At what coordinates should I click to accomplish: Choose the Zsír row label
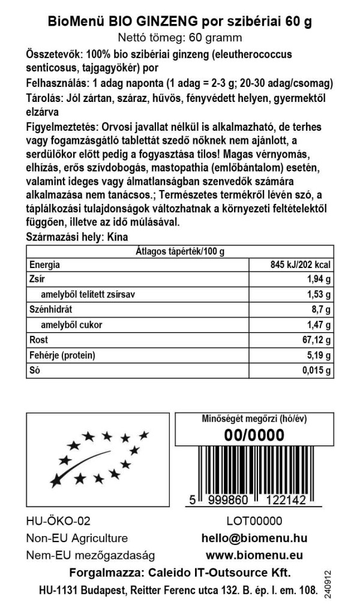[36, 280]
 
